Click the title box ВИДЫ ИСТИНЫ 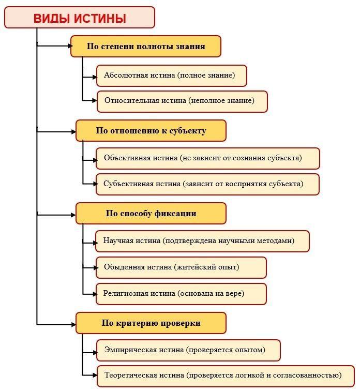click(x=80, y=18)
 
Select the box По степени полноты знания click(x=146, y=46)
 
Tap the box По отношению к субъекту click(x=151, y=130)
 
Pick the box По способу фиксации click(x=151, y=213)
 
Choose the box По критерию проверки click(x=151, y=323)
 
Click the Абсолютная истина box click(x=172, y=76)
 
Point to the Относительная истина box click(x=182, y=101)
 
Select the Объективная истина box click(x=208, y=158)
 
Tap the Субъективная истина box click(x=207, y=184)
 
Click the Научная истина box click(x=202, y=241)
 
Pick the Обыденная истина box click(x=181, y=267)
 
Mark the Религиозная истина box click(x=181, y=294)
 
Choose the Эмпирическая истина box click(x=188, y=350)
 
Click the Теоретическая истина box click(x=226, y=376)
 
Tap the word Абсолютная click(x=123, y=75)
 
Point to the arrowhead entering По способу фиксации click(x=73, y=215)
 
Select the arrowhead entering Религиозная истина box click(x=95, y=294)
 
